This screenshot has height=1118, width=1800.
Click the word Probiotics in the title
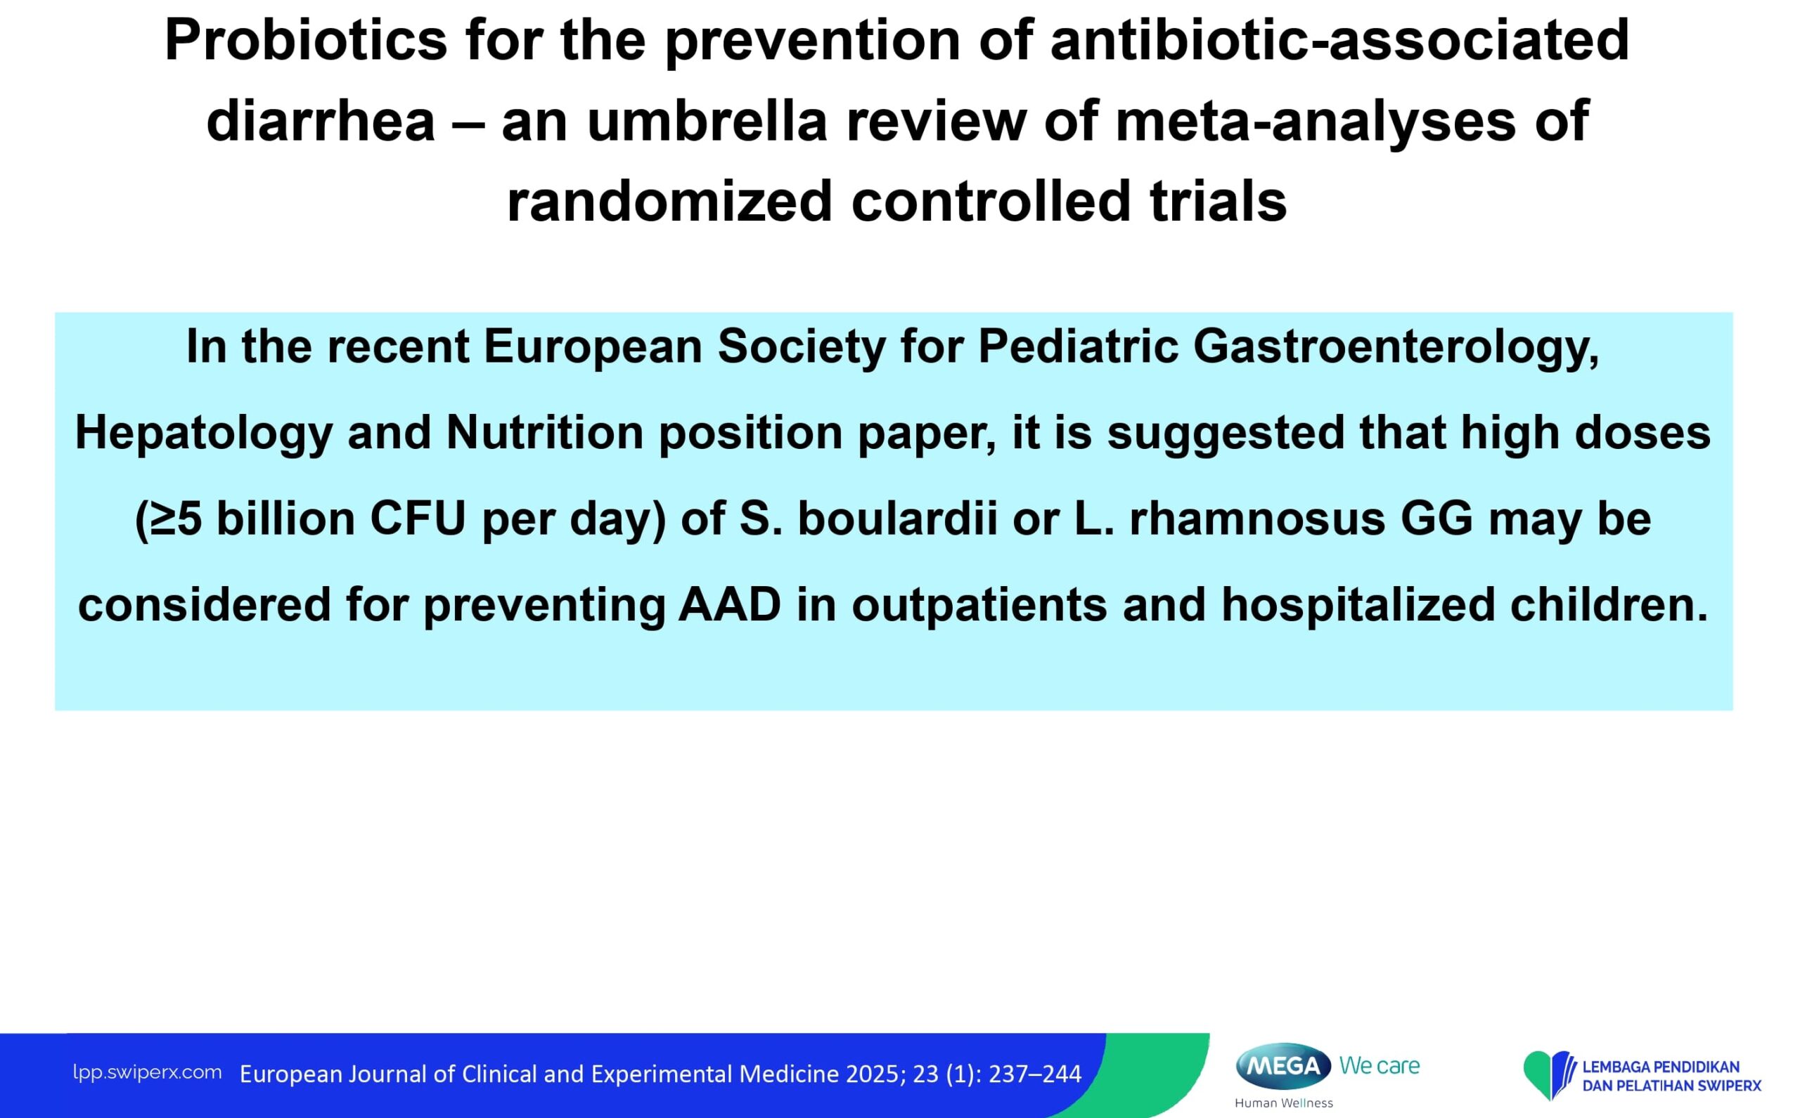pos(306,40)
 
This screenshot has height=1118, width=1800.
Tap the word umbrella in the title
pos(706,122)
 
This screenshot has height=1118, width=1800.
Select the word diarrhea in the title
pos(321,122)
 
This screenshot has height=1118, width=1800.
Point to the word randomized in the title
pos(669,202)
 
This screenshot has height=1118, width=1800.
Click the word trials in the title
pos(1219,202)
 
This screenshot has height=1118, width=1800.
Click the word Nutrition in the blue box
pos(544,433)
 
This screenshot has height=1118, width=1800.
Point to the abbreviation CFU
pos(418,519)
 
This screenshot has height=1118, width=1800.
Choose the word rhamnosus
pos(1257,519)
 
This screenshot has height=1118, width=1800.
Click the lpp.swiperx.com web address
pos(147,1072)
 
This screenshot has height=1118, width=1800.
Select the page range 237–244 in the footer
pos(1035,1074)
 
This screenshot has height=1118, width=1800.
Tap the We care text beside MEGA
pos(1380,1066)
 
